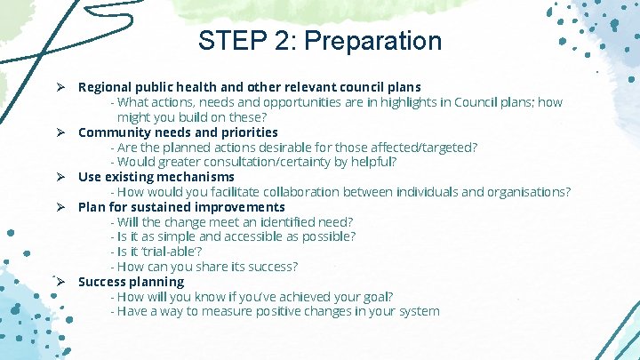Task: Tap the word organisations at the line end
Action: tap(531, 192)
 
